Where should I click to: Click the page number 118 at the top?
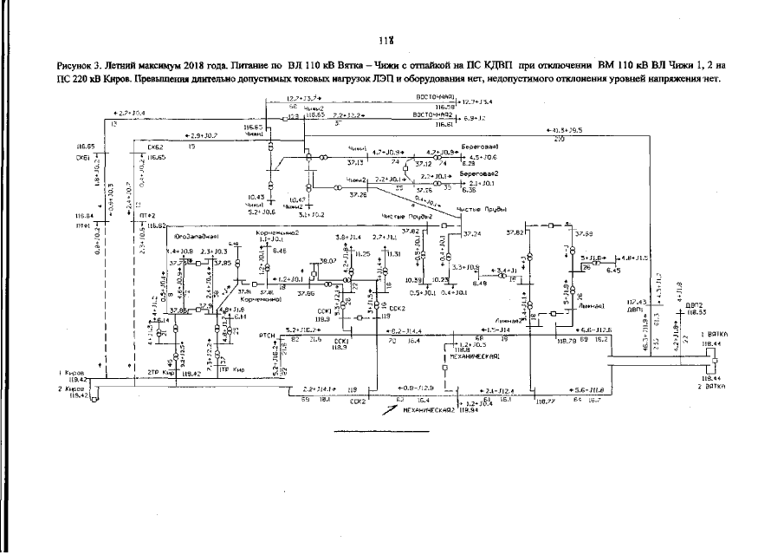(x=386, y=40)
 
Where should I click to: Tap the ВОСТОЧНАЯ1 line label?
(x=433, y=96)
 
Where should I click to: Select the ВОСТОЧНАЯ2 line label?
(x=433, y=114)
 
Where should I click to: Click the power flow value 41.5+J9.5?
(x=565, y=131)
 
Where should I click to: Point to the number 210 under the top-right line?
(x=559, y=139)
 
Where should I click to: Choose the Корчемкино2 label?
(x=278, y=233)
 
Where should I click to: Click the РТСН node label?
(x=267, y=333)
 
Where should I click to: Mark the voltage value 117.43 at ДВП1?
(x=637, y=302)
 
